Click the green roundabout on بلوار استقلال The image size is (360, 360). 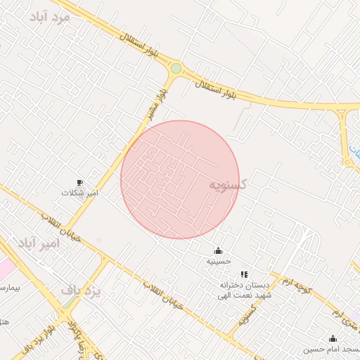pyautogui.click(x=176, y=69)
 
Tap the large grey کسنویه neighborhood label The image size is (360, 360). pyautogui.click(x=228, y=184)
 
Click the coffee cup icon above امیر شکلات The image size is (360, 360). pyautogui.click(x=79, y=183)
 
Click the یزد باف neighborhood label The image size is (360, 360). pyautogui.click(x=81, y=289)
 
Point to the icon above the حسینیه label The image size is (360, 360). pyautogui.click(x=218, y=251)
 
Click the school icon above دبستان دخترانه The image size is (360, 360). pyautogui.click(x=244, y=274)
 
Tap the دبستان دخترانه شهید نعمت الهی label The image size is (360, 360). pyautogui.click(x=244, y=290)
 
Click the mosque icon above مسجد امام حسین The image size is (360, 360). pyautogui.click(x=332, y=339)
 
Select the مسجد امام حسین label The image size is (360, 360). pyautogui.click(x=332, y=349)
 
